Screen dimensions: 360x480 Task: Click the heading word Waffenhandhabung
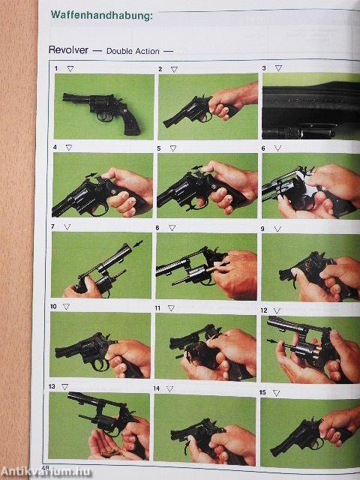pyautogui.click(x=102, y=15)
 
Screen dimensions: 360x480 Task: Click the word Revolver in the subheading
pyautogui.click(x=68, y=50)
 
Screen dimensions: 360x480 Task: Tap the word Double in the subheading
pyautogui.click(x=118, y=51)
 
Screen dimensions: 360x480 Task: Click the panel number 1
pyautogui.click(x=56, y=68)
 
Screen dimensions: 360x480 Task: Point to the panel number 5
pyautogui.click(x=158, y=148)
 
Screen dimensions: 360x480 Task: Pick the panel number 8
pyautogui.click(x=157, y=228)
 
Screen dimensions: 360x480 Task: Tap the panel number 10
pyautogui.click(x=53, y=307)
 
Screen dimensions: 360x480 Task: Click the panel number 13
pyautogui.click(x=52, y=386)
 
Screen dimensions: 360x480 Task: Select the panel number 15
pyautogui.click(x=262, y=392)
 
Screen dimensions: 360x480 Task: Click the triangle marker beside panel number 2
pyautogui.click(x=174, y=70)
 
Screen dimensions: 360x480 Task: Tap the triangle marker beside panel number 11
pyautogui.click(x=171, y=308)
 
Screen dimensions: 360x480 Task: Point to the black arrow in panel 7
pyautogui.click(x=138, y=244)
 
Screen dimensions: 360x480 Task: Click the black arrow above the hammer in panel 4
pyautogui.click(x=91, y=175)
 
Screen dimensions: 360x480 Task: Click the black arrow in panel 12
pyautogui.click(x=271, y=341)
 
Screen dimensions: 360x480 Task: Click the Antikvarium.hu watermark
pyautogui.click(x=46, y=472)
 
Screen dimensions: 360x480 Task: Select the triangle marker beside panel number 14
pyautogui.click(x=169, y=389)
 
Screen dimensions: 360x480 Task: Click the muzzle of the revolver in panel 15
pyautogui.click(x=273, y=452)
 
